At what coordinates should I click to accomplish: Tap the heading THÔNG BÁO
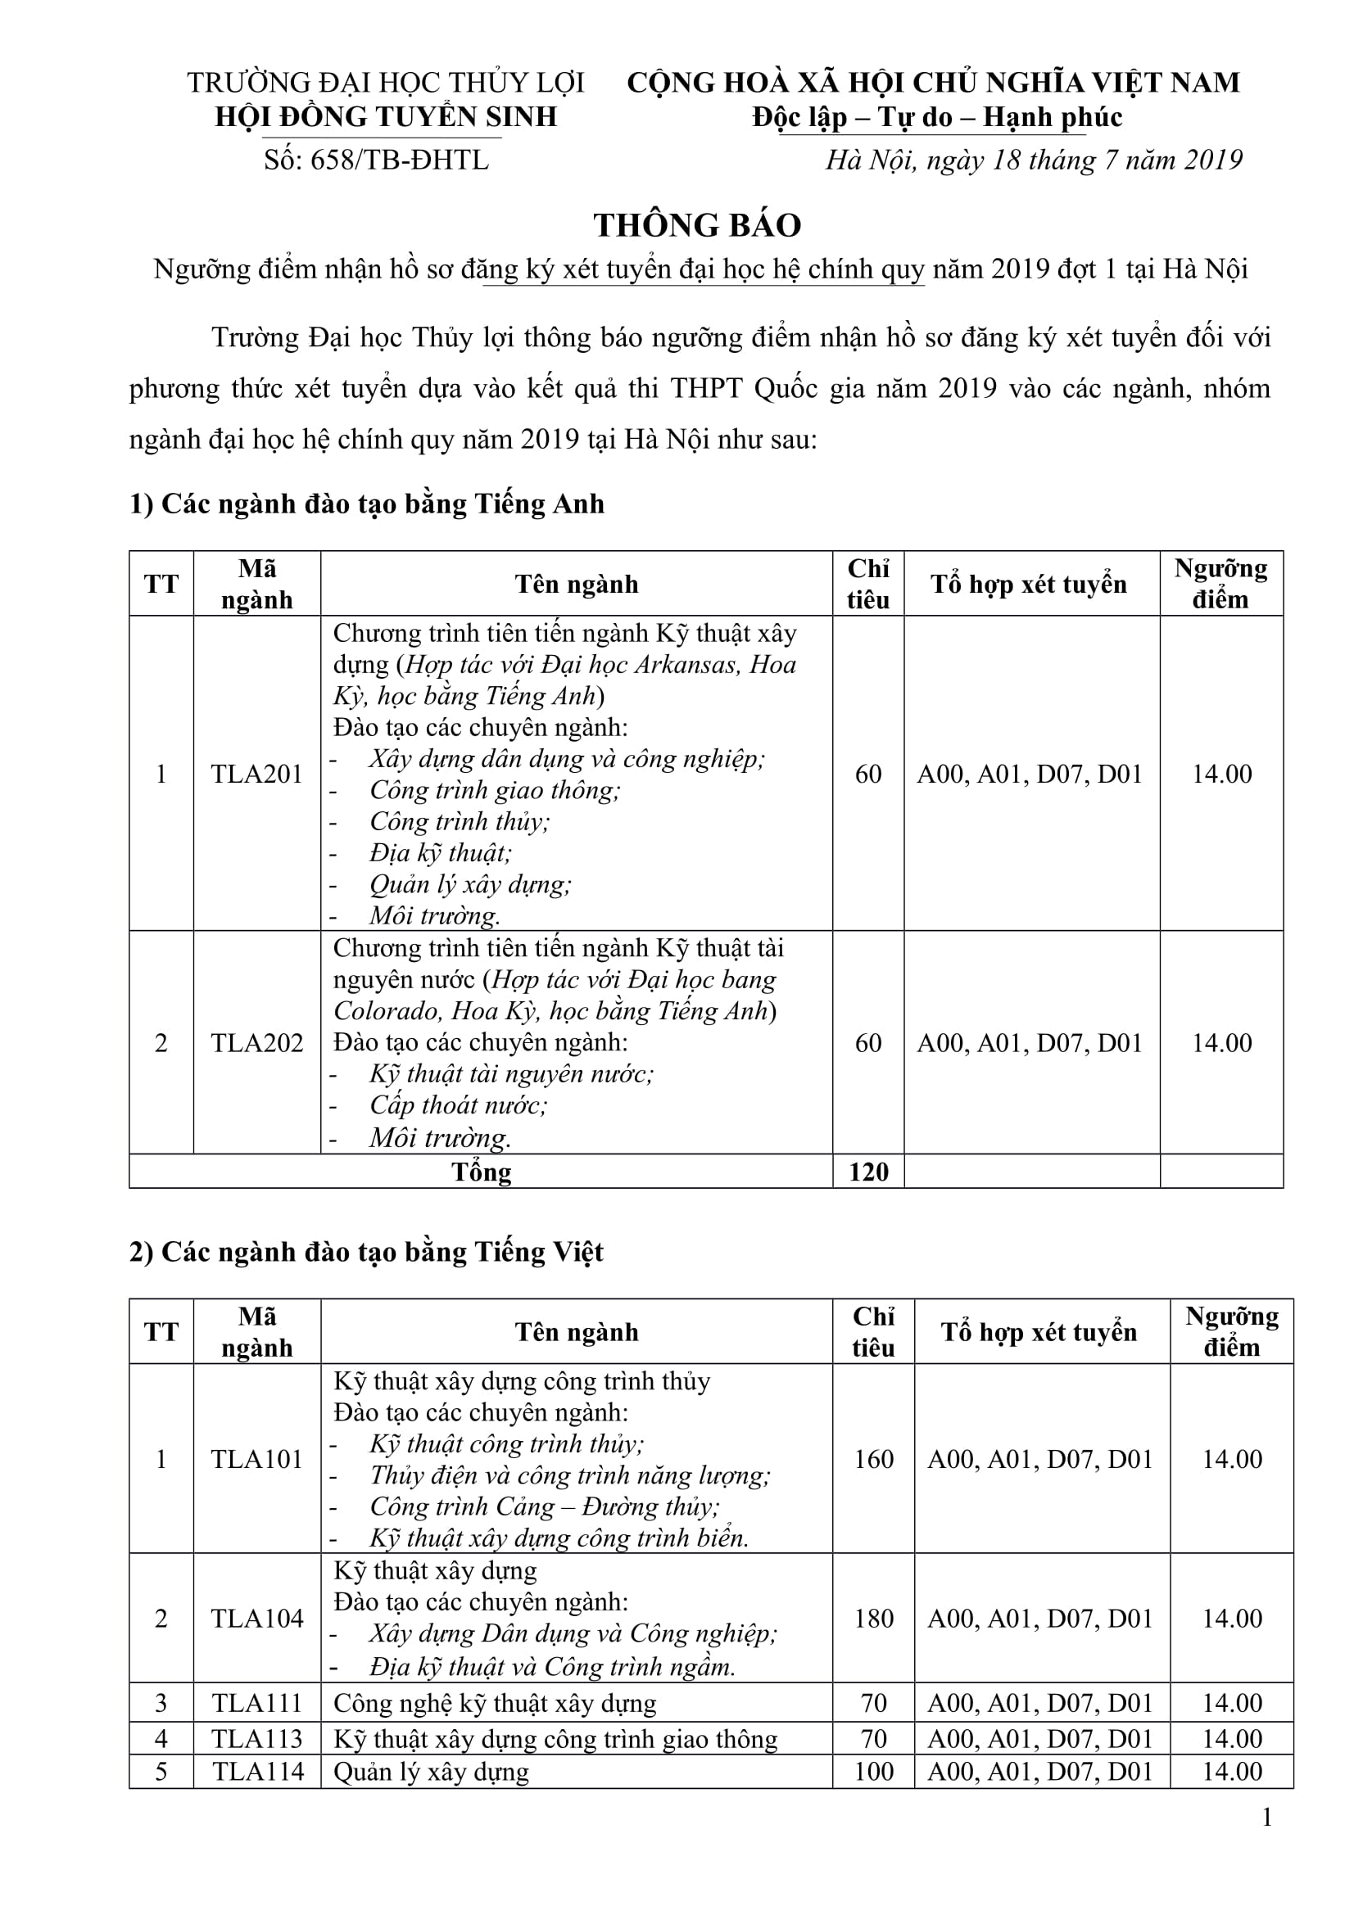click(x=697, y=225)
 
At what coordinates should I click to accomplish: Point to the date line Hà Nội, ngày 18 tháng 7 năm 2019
click(x=1034, y=160)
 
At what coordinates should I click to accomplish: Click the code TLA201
click(x=257, y=774)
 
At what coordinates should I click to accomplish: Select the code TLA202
click(x=257, y=1042)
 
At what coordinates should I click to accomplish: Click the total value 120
click(x=867, y=1172)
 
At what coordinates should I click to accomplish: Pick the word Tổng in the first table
click(x=482, y=1172)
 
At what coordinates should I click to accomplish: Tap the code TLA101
click(x=257, y=1459)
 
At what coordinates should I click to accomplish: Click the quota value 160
click(x=873, y=1459)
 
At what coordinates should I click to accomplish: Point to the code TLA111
click(x=257, y=1702)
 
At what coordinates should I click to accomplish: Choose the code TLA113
click(x=257, y=1738)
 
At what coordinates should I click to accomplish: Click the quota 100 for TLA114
click(x=873, y=1771)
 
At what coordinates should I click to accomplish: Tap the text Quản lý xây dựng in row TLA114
click(x=432, y=1772)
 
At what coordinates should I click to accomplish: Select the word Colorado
click(x=386, y=1011)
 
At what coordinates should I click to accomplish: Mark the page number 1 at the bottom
click(x=1267, y=1817)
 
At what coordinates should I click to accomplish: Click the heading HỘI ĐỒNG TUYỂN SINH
click(x=386, y=117)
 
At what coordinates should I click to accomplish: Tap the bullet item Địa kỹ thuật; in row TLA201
click(x=441, y=853)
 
